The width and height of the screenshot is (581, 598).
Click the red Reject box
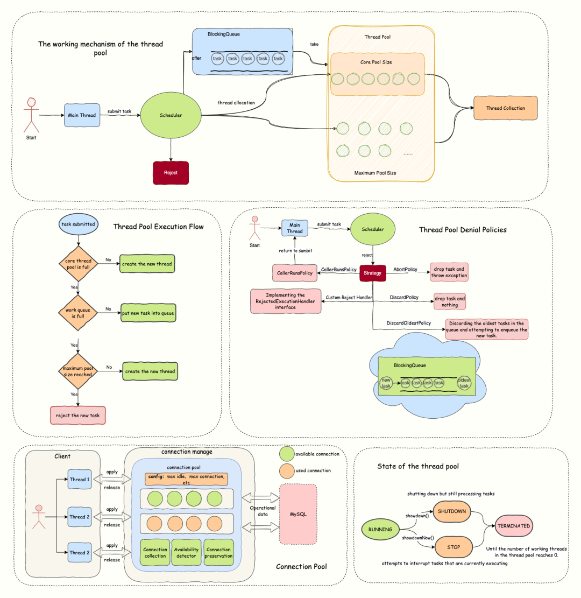[171, 173]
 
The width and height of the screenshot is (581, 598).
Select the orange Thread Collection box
[506, 108]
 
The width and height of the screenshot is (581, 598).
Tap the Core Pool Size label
[376, 62]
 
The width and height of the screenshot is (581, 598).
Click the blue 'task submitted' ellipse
[78, 224]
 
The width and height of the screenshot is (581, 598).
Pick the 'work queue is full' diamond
[78, 313]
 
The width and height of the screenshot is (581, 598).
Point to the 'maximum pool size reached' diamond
[78, 371]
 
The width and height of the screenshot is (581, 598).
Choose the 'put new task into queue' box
[148, 313]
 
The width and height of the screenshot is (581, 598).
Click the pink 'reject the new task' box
[78, 416]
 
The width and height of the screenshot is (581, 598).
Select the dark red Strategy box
[372, 273]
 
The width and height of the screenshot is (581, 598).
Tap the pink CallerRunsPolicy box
[295, 273]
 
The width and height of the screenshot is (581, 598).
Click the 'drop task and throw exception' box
[449, 272]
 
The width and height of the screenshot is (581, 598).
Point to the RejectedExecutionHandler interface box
[286, 301]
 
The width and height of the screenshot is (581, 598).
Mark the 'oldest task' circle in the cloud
[464, 383]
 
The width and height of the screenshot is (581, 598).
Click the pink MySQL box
[298, 514]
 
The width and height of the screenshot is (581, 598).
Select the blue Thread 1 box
[80, 480]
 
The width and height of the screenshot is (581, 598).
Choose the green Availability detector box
[186, 552]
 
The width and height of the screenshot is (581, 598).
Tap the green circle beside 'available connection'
[287, 454]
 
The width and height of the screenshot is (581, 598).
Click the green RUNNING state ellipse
[380, 529]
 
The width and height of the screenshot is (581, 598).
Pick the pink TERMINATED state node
[514, 526]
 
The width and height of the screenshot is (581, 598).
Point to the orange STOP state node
[454, 547]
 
